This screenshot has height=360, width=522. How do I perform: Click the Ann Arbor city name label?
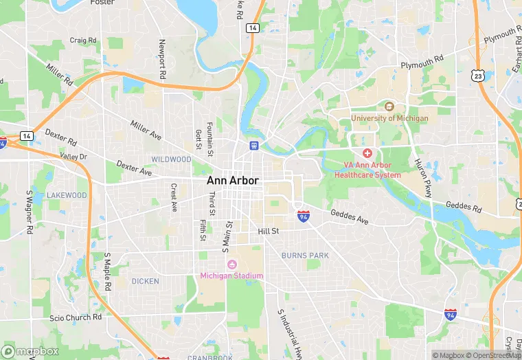click(x=233, y=181)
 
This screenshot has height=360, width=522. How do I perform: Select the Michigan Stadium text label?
click(x=232, y=276)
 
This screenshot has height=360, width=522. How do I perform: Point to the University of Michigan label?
click(x=389, y=118)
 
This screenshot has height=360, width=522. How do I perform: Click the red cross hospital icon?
click(x=367, y=153)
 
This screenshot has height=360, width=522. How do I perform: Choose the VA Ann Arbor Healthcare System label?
click(x=367, y=170)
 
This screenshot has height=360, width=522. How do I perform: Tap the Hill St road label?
click(x=268, y=232)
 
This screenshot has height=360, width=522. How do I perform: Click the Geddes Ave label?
click(x=350, y=217)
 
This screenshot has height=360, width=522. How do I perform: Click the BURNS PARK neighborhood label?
click(x=305, y=256)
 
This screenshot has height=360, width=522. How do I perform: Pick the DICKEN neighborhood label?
click(x=145, y=281)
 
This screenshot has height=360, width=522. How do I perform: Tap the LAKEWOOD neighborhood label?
click(x=67, y=195)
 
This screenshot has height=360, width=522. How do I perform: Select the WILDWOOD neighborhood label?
click(x=171, y=159)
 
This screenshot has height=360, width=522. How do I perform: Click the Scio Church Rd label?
click(x=76, y=318)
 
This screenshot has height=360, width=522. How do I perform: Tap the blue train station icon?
click(x=254, y=146)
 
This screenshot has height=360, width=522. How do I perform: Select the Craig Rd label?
click(x=82, y=41)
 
